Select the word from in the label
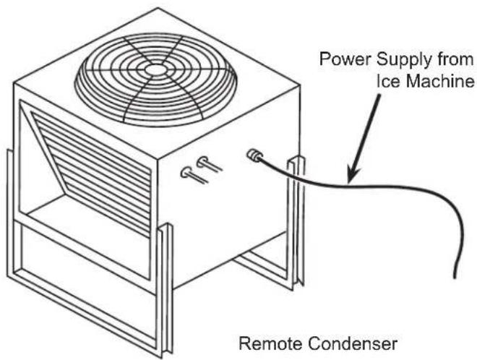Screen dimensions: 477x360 (x=456, y=59)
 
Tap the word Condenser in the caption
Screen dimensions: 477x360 (x=352, y=343)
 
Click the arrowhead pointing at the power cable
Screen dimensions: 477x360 (x=353, y=176)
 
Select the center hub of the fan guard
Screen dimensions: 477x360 (x=155, y=69)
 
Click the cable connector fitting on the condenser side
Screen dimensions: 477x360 (x=254, y=155)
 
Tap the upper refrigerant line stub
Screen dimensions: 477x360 (x=209, y=163)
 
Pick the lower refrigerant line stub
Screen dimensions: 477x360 (x=194, y=176)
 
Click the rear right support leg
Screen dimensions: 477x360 (x=296, y=222)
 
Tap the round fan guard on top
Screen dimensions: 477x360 (x=156, y=80)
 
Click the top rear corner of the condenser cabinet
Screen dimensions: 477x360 (x=158, y=8)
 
